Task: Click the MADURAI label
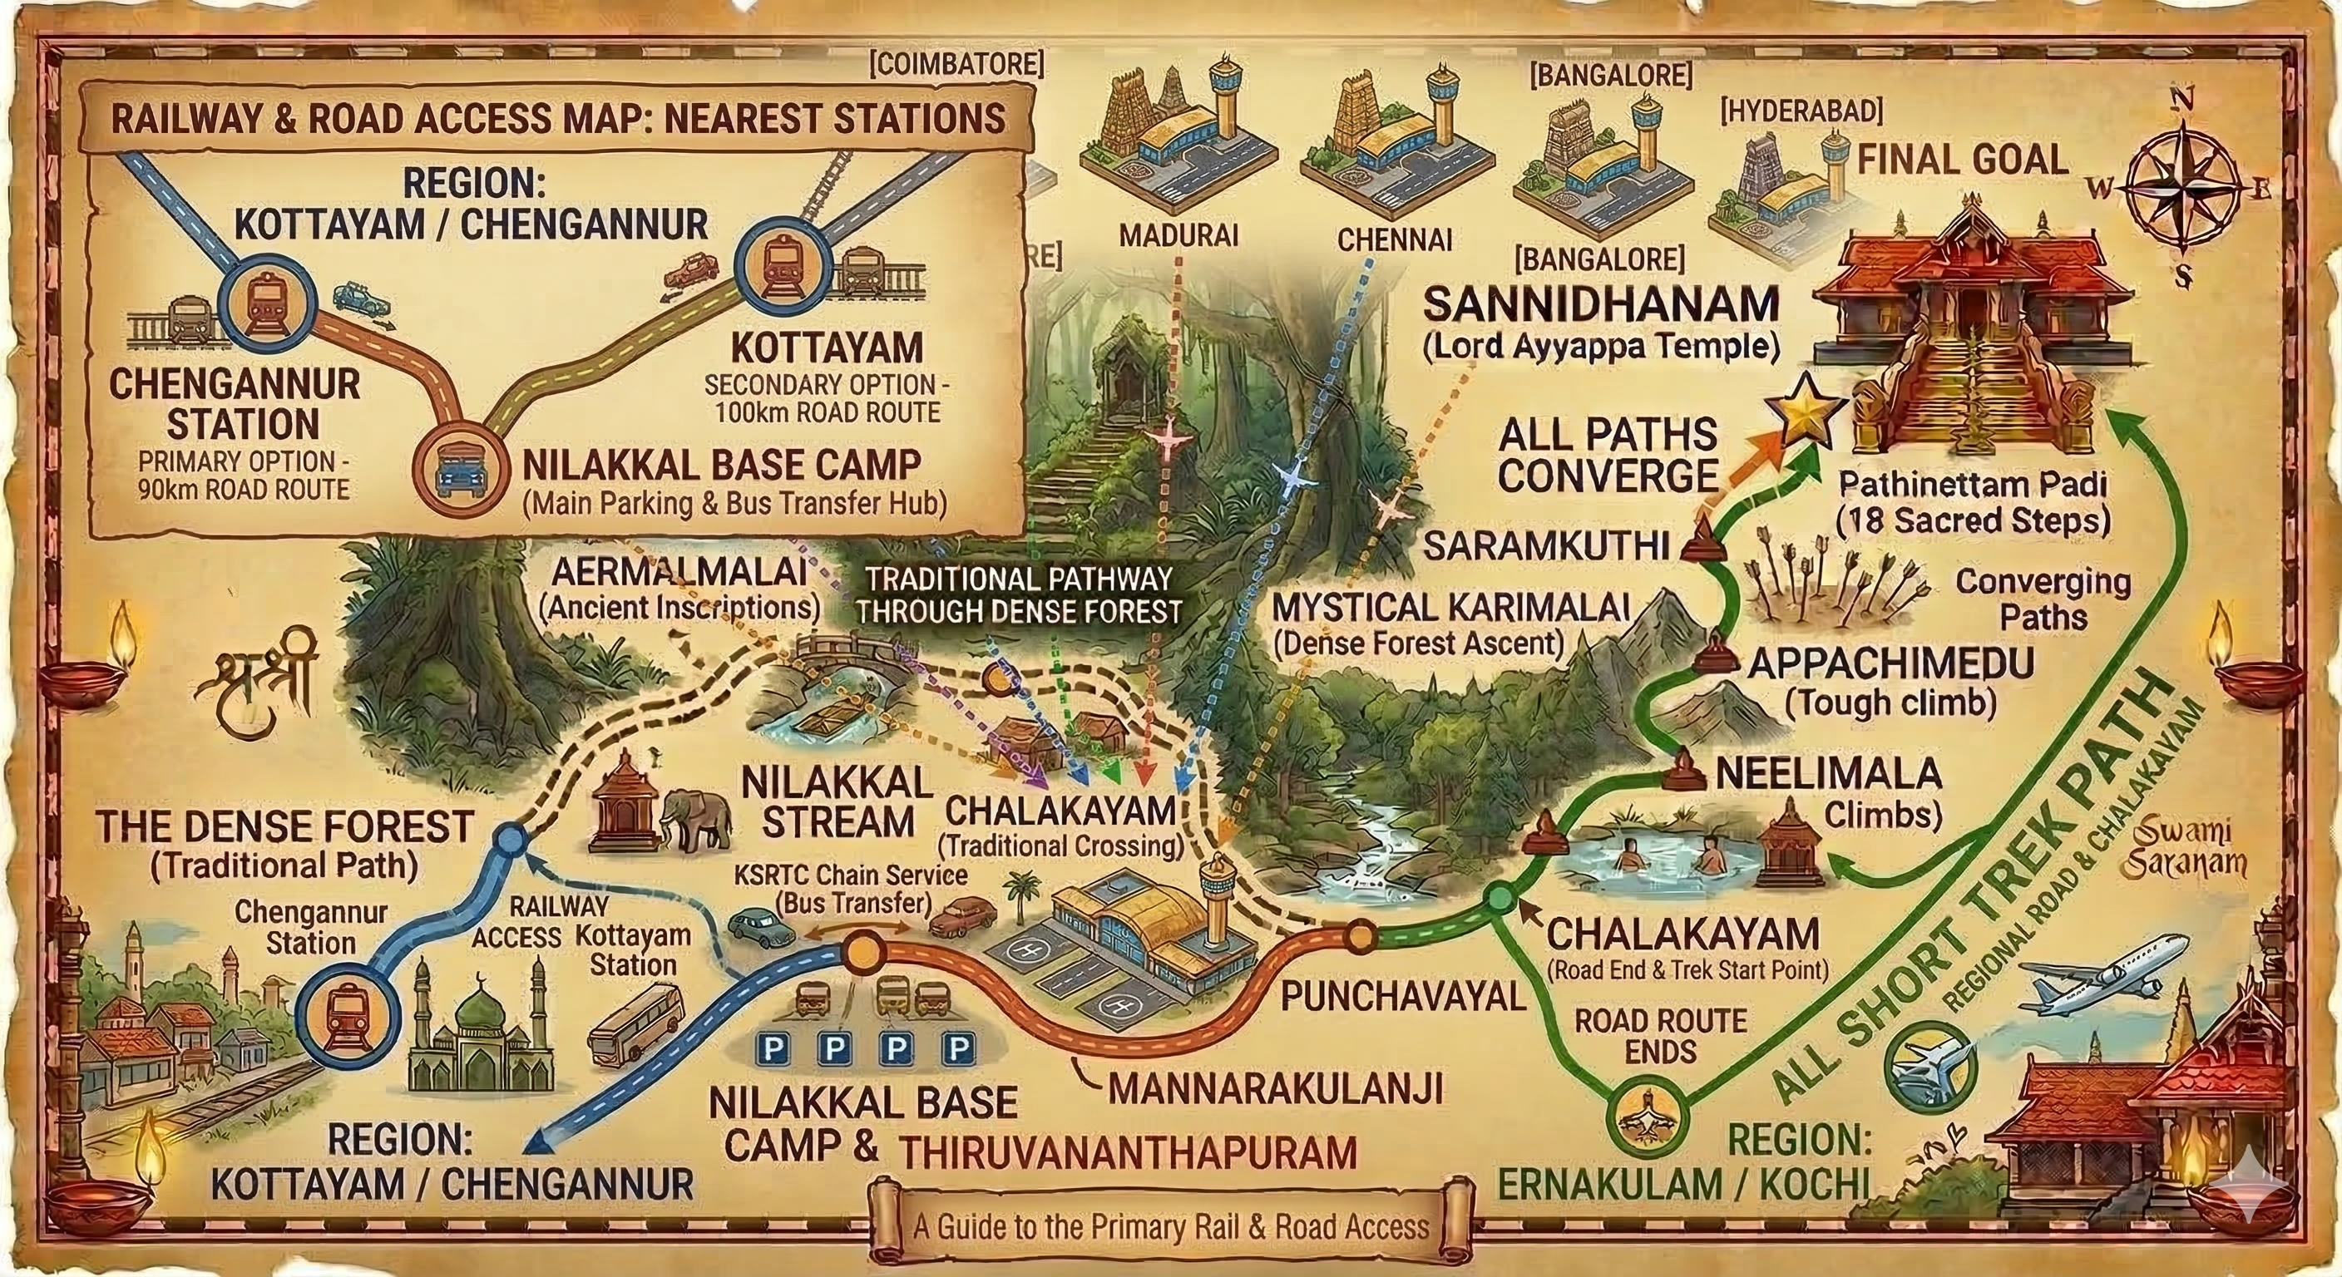(1178, 235)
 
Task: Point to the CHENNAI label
(1394, 239)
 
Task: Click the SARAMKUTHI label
(1545, 545)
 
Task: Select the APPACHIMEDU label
(1891, 664)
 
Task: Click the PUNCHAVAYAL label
(1403, 997)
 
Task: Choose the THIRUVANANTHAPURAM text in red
(1128, 1152)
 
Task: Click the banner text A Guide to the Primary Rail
(1171, 1227)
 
